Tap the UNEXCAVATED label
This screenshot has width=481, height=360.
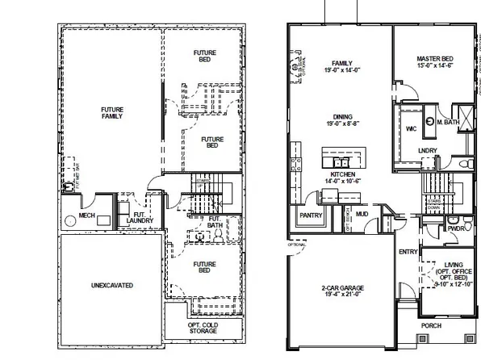pos(111,285)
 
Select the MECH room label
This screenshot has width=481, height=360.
pos(88,216)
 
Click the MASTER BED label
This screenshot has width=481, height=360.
pos(435,60)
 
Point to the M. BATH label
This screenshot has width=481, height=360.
pos(449,123)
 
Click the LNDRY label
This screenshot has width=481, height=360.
pos(428,151)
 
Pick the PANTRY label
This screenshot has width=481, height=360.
pos(311,216)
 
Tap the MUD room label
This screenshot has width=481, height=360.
pos(363,214)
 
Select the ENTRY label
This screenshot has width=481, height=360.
pos(408,252)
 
